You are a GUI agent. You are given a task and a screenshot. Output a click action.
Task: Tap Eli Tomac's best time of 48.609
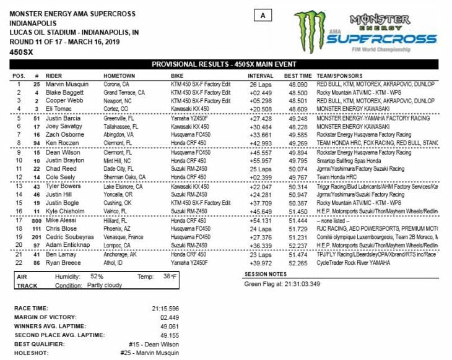[298, 107]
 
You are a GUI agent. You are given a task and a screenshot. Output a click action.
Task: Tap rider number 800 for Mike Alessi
[37, 220]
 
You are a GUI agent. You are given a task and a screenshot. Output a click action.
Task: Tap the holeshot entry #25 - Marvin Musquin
[151, 353]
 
